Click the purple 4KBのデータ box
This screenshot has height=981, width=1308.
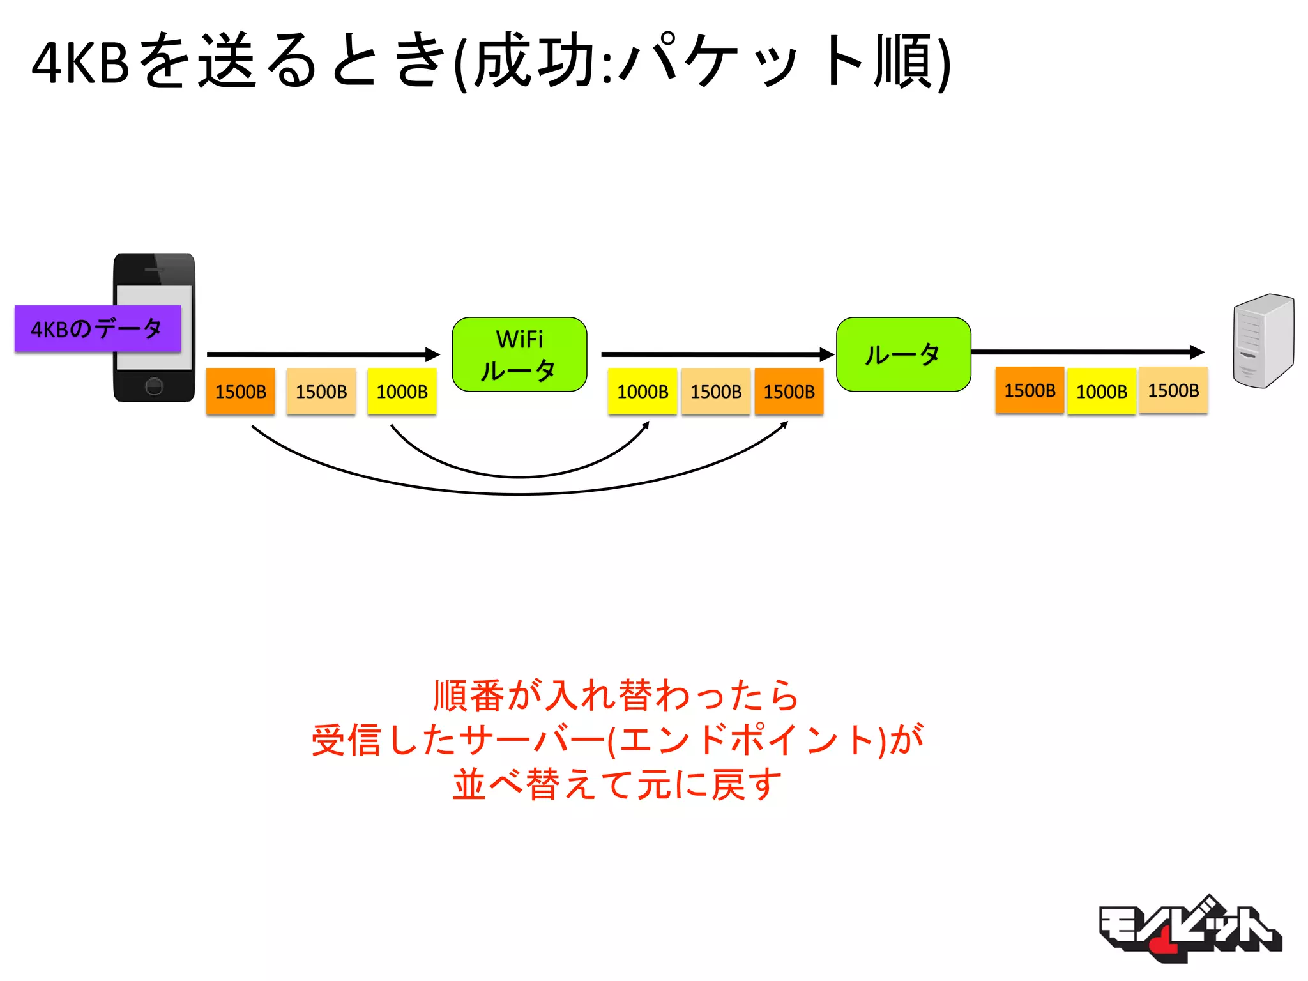[98, 329]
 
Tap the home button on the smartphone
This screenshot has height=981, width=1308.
[154, 386]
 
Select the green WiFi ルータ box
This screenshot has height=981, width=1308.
[519, 354]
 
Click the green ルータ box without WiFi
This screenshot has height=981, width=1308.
[903, 354]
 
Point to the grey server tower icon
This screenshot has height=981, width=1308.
[1263, 340]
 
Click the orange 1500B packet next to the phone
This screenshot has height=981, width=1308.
[240, 392]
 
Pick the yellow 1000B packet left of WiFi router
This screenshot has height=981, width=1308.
[402, 392]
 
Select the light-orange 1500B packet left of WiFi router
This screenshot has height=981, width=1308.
[321, 392]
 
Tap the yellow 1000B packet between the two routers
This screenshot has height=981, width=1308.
[642, 392]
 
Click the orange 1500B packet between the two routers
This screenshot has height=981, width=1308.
[789, 392]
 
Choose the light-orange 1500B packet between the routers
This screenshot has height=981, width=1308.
[715, 392]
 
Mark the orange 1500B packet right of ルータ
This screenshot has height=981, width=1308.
[1029, 390]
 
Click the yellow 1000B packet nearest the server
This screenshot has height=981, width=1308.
[1101, 392]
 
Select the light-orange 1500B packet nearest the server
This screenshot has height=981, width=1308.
[1173, 390]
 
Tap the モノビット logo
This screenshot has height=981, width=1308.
[1189, 929]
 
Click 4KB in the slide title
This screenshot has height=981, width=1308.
[80, 63]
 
